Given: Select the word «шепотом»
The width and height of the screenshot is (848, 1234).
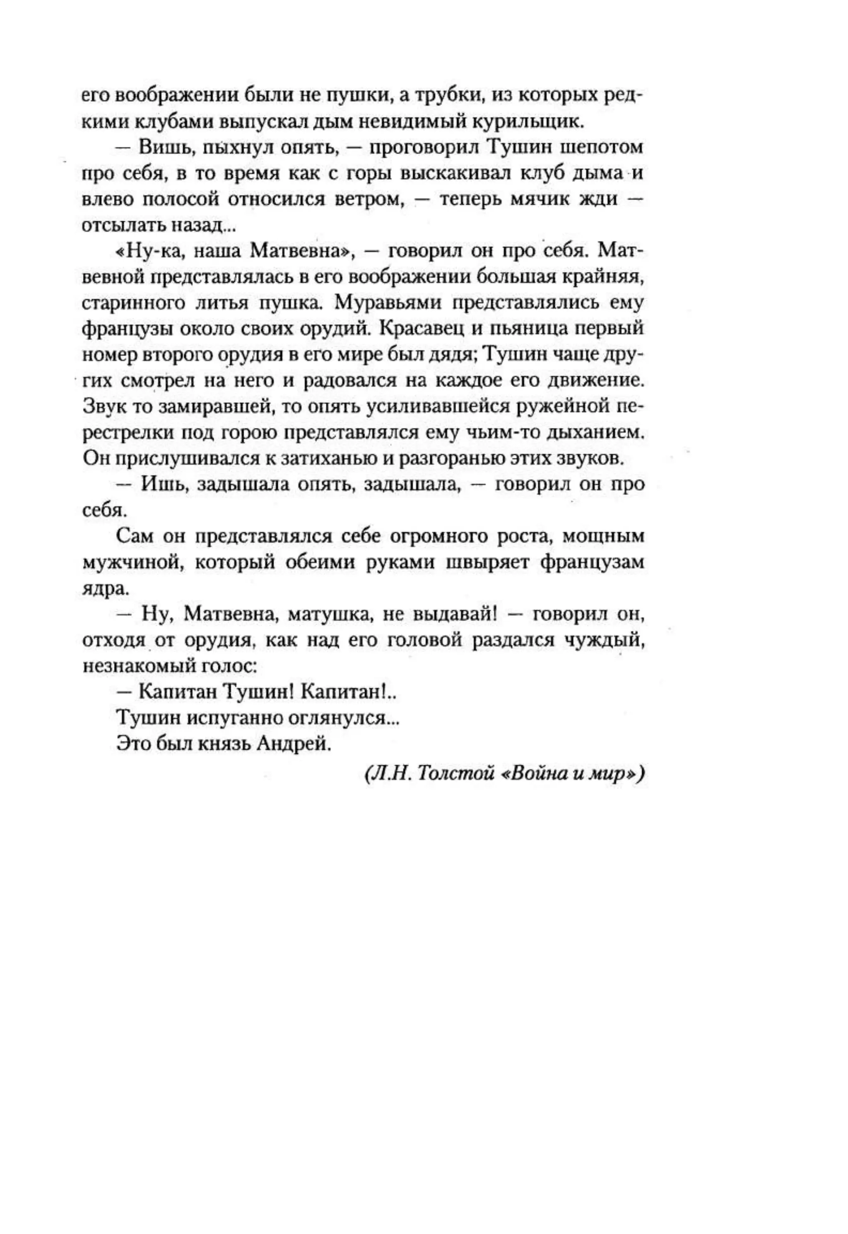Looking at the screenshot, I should point(602,148).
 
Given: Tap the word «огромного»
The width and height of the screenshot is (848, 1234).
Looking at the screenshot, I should point(442,537).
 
